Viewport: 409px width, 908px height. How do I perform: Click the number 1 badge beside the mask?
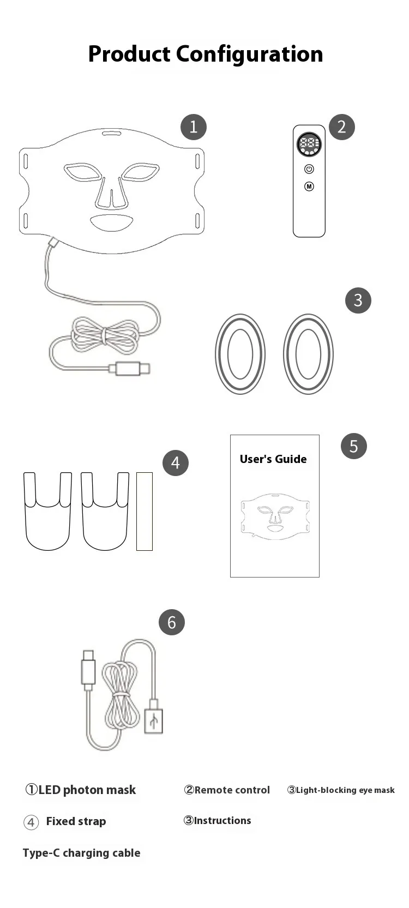[194, 127]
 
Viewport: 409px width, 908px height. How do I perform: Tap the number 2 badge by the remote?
[342, 127]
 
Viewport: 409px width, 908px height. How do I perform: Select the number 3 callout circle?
[358, 300]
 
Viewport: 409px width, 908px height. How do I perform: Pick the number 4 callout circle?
[176, 462]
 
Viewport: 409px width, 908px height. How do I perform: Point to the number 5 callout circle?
[354, 446]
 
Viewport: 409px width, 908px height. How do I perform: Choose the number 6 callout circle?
[171, 622]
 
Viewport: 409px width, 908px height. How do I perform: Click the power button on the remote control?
[309, 169]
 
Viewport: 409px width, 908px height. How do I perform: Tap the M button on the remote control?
[309, 187]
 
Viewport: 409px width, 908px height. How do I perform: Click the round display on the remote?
[309, 145]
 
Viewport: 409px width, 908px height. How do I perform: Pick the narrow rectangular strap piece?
[145, 511]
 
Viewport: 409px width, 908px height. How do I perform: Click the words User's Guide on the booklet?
[273, 459]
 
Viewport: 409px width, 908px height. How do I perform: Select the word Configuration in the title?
[249, 55]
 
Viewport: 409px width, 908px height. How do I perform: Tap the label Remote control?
[232, 790]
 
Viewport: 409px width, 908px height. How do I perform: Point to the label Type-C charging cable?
[81, 853]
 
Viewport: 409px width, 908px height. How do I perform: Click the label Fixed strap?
[76, 821]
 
